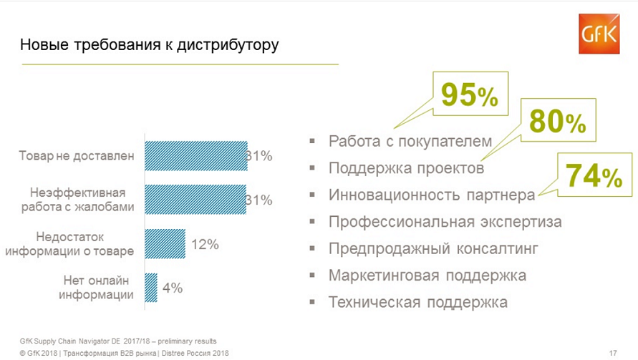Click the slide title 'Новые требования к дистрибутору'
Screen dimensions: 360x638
[x=150, y=45]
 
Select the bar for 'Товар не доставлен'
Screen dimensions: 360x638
[x=196, y=155]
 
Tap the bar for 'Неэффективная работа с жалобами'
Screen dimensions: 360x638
[x=196, y=200]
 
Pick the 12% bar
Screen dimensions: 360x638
[x=165, y=244]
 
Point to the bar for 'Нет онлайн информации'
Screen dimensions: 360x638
[x=151, y=288]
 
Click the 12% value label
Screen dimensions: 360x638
[x=205, y=244]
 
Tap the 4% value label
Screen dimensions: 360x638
[x=173, y=288]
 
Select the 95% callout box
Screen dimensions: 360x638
[x=468, y=94]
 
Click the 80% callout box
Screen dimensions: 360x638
[x=558, y=124]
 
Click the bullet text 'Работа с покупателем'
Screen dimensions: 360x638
[x=410, y=141]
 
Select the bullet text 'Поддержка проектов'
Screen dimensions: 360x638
[x=406, y=168]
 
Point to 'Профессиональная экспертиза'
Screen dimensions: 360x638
[x=445, y=222]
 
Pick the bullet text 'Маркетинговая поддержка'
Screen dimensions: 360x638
[x=427, y=276]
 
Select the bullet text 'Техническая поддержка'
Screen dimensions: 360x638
[x=418, y=302]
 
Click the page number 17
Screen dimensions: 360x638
[x=613, y=353]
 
